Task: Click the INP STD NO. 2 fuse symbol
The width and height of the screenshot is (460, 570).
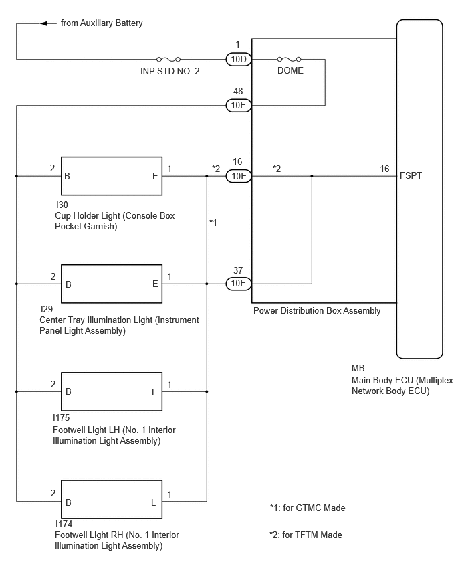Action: click(x=168, y=59)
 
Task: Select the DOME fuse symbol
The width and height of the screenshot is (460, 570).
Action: click(x=289, y=59)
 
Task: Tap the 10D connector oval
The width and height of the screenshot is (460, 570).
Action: click(x=238, y=59)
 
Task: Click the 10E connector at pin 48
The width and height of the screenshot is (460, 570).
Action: click(x=238, y=106)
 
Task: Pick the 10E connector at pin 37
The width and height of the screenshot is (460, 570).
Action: click(x=238, y=284)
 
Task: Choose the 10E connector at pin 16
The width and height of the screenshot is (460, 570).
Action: click(x=238, y=176)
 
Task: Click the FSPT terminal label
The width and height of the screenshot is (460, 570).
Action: click(x=411, y=175)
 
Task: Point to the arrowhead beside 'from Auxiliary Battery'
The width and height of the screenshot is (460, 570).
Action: click(x=43, y=23)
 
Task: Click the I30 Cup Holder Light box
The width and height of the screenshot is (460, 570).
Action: click(x=112, y=176)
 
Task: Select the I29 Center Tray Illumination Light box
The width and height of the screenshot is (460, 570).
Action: click(x=112, y=284)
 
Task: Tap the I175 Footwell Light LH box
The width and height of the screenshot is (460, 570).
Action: click(x=112, y=391)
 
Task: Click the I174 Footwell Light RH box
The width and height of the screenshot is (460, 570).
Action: click(x=112, y=500)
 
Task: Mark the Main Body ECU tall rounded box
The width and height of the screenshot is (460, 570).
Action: click(x=419, y=189)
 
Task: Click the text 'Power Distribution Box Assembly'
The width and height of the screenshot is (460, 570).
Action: click(x=317, y=311)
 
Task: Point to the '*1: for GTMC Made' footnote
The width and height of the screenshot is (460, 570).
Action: click(x=308, y=508)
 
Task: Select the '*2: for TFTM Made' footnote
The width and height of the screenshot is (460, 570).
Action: click(x=306, y=535)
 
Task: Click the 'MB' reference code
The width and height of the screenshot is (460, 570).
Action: click(x=358, y=368)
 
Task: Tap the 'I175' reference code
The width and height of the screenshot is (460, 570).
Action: click(x=61, y=417)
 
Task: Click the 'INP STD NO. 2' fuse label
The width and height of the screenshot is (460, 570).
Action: click(x=170, y=71)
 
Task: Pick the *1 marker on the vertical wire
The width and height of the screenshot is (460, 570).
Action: click(x=213, y=223)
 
